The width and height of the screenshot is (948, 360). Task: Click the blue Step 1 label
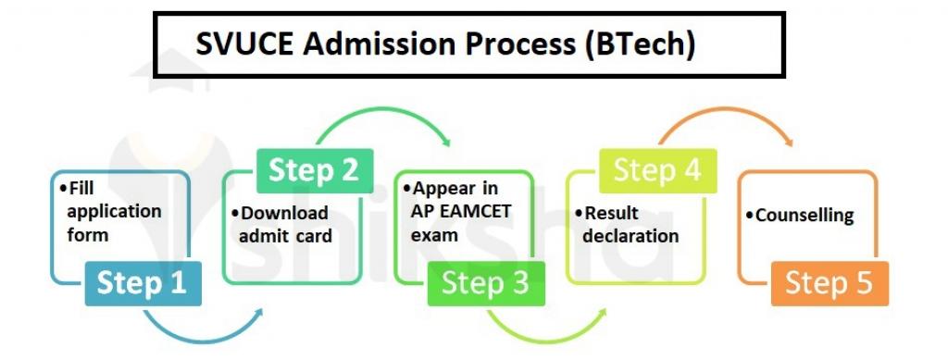tap(141, 283)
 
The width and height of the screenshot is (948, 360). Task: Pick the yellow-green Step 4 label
tap(657, 170)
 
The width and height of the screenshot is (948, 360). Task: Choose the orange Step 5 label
tap(829, 283)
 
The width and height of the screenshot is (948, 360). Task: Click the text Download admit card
tap(286, 224)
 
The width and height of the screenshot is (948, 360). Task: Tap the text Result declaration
tap(630, 224)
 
